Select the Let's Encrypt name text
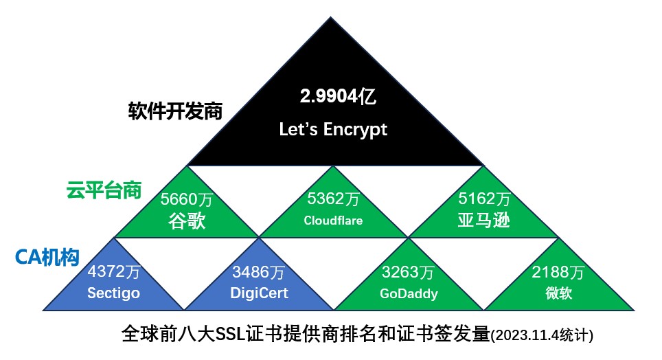point(333,129)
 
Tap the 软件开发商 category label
point(175,111)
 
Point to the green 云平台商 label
point(104,190)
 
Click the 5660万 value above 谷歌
point(187,200)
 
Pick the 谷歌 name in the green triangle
point(187,221)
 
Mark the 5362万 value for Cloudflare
point(333,200)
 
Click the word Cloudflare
point(333,221)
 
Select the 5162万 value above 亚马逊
point(484,200)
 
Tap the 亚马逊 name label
point(484,221)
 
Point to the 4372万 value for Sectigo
point(114,272)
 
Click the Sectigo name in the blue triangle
point(114,293)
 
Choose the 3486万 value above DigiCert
point(259,272)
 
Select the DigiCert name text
point(259,293)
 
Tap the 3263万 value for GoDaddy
point(409,272)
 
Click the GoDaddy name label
point(409,293)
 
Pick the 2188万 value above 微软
point(558,272)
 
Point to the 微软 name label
point(558,293)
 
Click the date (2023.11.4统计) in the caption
point(543,337)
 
